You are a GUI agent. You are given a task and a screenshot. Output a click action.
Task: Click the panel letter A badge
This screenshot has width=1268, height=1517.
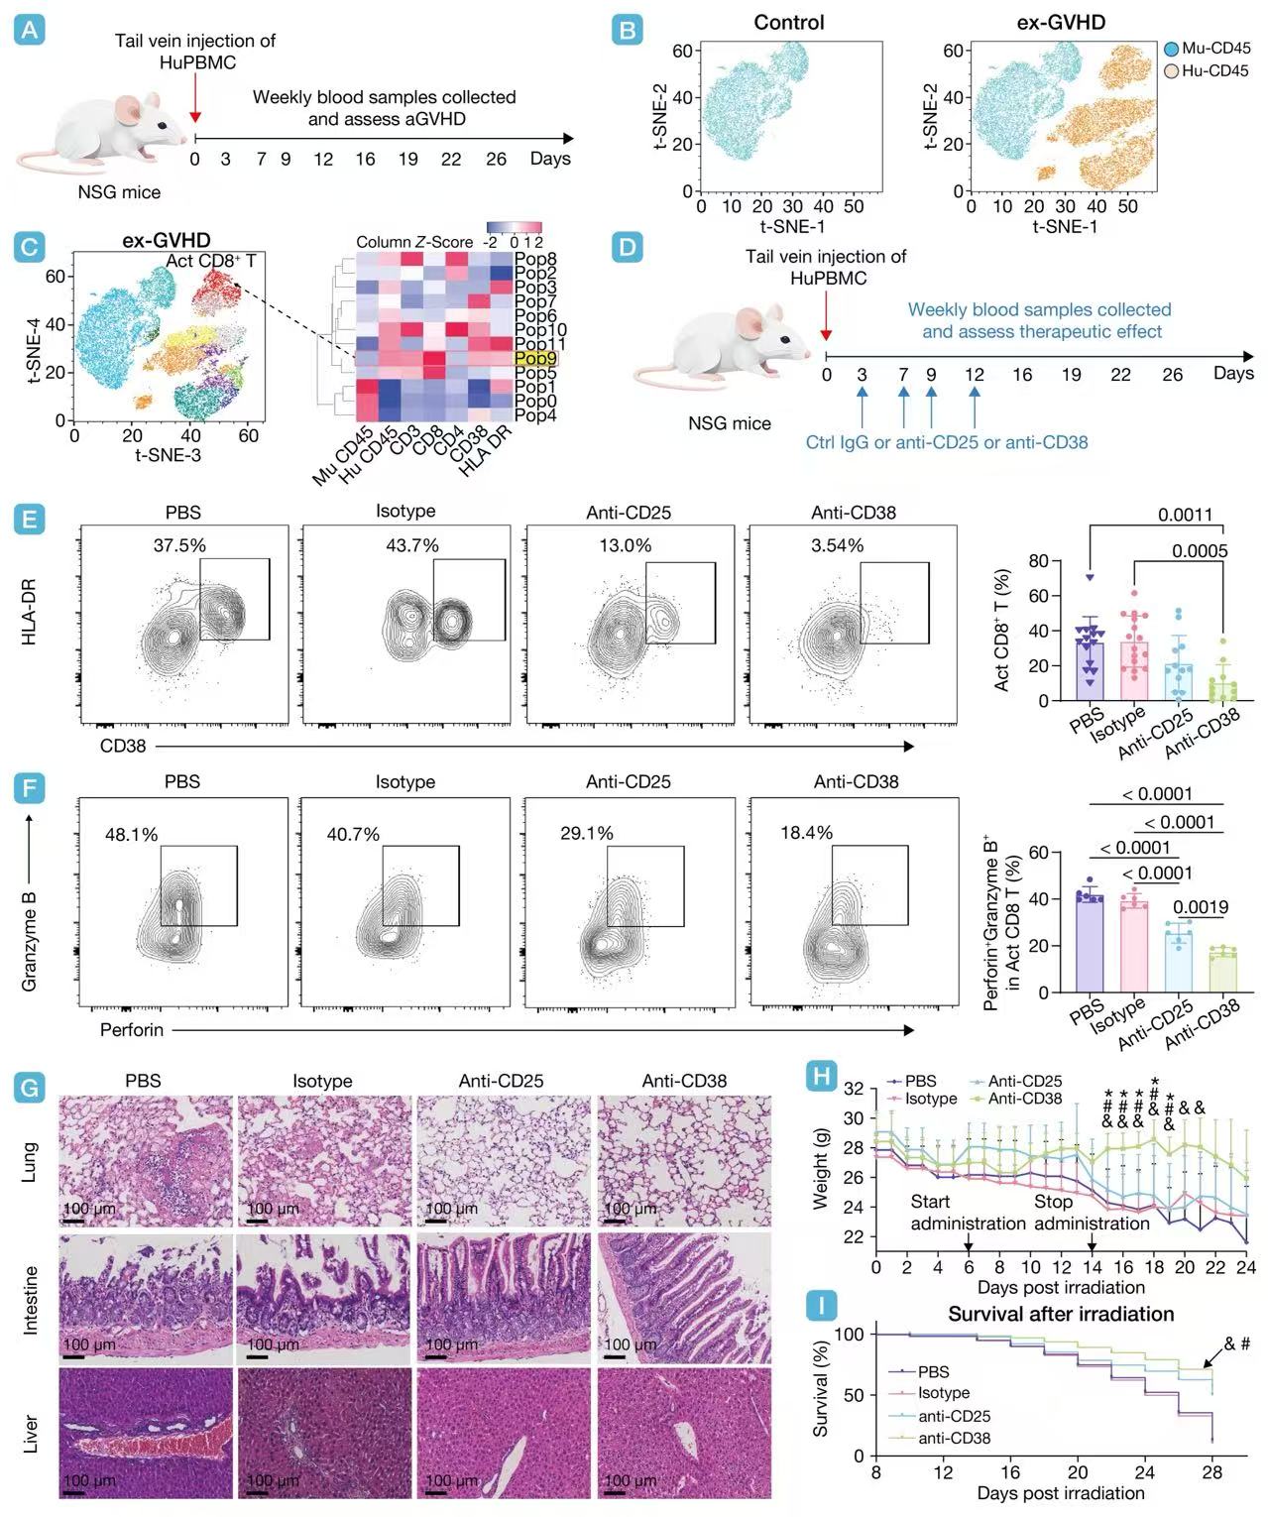pos(31,31)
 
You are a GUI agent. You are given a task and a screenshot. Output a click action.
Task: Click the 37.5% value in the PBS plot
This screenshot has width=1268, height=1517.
pos(179,545)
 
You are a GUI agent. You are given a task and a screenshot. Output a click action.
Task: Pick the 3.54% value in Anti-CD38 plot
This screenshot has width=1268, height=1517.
pos(837,545)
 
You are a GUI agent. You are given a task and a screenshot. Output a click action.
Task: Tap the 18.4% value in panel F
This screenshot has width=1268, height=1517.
pos(806,833)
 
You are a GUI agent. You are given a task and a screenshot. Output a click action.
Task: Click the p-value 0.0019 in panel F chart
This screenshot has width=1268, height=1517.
pos(1201,906)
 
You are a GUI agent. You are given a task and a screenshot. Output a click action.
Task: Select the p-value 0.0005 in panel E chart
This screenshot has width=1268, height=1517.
pos(1200,551)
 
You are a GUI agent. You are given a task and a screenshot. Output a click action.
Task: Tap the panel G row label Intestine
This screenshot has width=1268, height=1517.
pos(31,1300)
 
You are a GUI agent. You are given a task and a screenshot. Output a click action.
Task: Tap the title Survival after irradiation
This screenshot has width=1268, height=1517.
pos(1061,1315)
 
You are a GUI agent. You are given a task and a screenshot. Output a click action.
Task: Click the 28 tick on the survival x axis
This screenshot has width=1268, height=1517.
pos(1211,1472)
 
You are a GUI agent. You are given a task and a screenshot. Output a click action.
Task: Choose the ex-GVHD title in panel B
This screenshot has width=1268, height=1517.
pos(1061,22)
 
